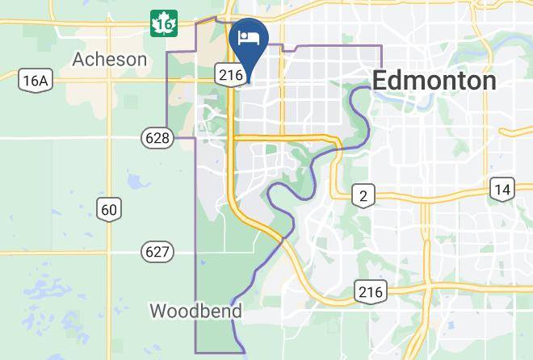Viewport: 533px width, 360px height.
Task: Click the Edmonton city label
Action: [434, 81]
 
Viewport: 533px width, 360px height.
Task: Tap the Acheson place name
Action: [110, 59]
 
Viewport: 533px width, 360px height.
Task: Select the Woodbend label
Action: [196, 311]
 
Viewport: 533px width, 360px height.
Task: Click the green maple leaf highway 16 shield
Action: [164, 24]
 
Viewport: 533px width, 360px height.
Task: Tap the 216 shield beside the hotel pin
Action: [230, 74]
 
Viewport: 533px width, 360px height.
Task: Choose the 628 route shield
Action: [157, 138]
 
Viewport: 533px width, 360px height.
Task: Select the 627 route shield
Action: [157, 252]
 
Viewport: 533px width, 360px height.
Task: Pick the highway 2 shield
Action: [363, 195]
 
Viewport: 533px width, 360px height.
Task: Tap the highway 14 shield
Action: [502, 189]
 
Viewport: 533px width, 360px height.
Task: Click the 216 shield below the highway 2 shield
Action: [371, 291]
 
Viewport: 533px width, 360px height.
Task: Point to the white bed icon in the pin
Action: [249, 38]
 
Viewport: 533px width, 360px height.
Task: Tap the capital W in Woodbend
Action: [158, 311]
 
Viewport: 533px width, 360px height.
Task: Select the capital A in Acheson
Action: [78, 59]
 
